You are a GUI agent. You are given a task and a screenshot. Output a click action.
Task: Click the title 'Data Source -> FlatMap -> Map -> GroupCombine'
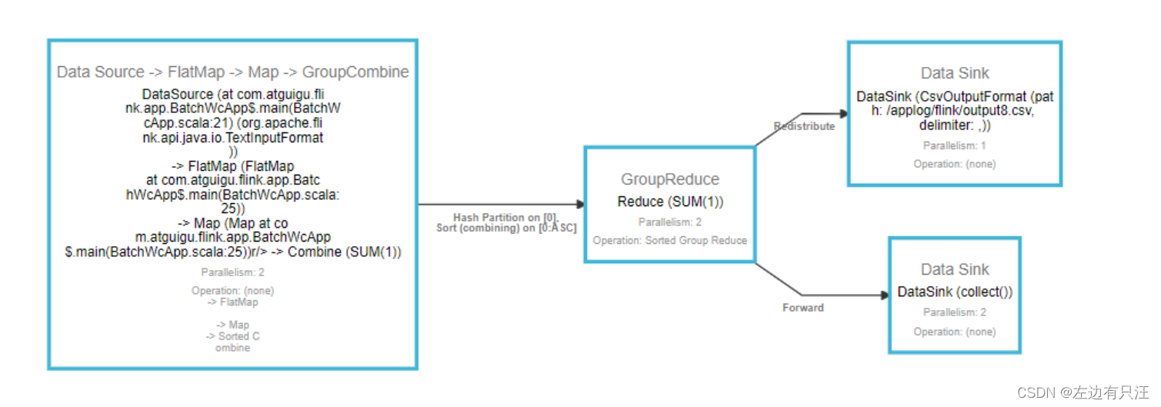[232, 72]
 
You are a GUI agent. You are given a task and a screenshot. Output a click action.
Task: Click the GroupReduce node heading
[670, 179]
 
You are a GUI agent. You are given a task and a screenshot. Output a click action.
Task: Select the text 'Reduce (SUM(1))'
[670, 202]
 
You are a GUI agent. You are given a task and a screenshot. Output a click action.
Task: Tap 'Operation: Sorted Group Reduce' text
[670, 240]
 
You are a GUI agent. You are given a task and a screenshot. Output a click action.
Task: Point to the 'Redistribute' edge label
[804, 126]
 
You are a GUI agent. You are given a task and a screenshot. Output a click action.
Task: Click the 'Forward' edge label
[803, 308]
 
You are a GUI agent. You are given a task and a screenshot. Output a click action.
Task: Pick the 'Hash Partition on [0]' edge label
[505, 218]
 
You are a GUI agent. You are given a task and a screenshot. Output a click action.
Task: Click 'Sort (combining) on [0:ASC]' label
[506, 229]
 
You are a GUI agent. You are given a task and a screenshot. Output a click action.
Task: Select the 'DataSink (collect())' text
[955, 292]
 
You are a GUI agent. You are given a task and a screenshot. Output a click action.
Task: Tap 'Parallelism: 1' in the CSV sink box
[955, 145]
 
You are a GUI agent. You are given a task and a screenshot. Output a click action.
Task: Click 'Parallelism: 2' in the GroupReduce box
[670, 222]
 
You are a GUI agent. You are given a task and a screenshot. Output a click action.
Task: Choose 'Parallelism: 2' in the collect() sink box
[955, 312]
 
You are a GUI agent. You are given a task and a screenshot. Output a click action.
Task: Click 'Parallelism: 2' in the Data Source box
[232, 272]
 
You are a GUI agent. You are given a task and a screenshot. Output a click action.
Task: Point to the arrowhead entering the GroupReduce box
[580, 205]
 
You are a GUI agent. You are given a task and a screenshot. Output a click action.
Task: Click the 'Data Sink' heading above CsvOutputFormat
[955, 73]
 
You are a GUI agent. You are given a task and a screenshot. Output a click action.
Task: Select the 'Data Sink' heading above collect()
[955, 269]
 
